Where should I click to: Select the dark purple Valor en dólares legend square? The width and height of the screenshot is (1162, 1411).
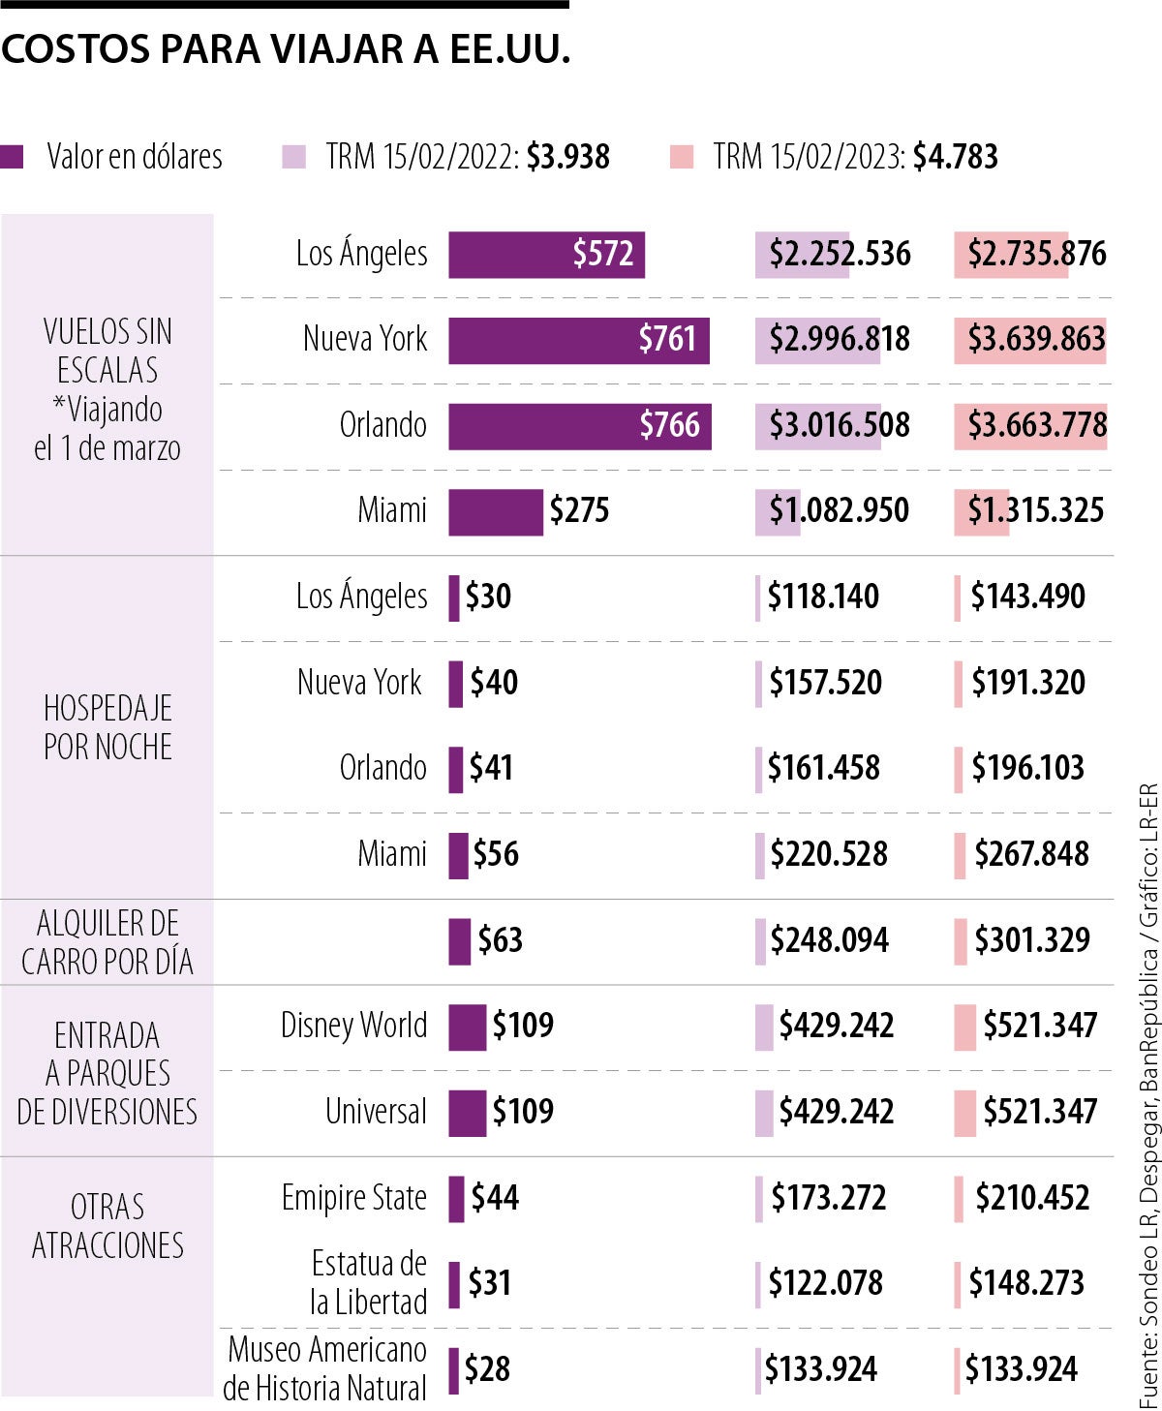pyautogui.click(x=13, y=157)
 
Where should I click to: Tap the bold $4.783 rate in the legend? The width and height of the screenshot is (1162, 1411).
pyautogui.click(x=955, y=157)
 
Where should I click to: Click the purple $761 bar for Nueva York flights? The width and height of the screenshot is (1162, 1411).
pyautogui.click(x=578, y=340)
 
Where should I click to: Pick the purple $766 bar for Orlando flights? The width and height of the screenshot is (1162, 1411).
pyautogui.click(x=579, y=426)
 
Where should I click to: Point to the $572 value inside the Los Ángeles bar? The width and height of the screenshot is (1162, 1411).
pyautogui.click(x=602, y=255)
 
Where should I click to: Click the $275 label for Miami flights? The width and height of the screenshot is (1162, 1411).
pyautogui.click(x=579, y=511)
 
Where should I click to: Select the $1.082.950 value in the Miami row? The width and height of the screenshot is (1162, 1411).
pyautogui.click(x=839, y=511)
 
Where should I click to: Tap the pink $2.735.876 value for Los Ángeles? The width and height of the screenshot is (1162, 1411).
pyautogui.click(x=1036, y=255)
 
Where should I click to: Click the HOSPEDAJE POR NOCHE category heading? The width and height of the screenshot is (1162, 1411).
pyautogui.click(x=107, y=727)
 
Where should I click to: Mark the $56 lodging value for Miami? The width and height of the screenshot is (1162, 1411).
pyautogui.click(x=496, y=854)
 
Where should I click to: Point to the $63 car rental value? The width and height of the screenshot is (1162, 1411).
pyautogui.click(x=500, y=940)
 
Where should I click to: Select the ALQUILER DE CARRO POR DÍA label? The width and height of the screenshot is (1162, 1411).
pyautogui.click(x=107, y=942)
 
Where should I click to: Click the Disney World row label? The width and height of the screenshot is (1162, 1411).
pyautogui.click(x=353, y=1026)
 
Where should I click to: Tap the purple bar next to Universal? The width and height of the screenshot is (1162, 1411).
pyautogui.click(x=467, y=1113)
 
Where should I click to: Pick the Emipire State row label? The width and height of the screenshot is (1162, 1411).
pyautogui.click(x=353, y=1198)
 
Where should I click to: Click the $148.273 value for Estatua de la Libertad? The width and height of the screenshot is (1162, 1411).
pyautogui.click(x=1026, y=1283)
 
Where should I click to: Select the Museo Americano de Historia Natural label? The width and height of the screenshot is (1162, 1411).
pyautogui.click(x=325, y=1368)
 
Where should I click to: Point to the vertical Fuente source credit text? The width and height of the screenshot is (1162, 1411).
pyautogui.click(x=1147, y=1094)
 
